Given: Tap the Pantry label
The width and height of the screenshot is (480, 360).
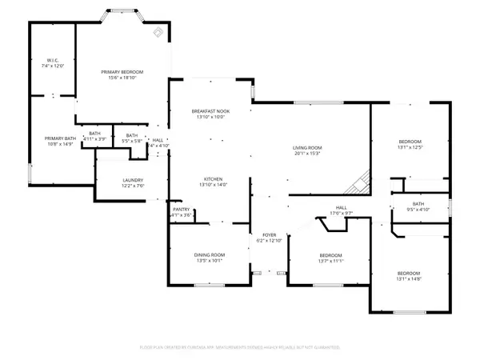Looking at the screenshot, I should pyautogui.click(x=181, y=213).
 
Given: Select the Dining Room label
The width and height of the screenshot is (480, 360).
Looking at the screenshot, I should pyautogui.click(x=206, y=256).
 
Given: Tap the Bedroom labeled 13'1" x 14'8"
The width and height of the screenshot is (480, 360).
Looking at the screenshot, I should pyautogui.click(x=409, y=276).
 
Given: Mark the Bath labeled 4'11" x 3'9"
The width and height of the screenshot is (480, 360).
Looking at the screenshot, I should pyautogui.click(x=94, y=137).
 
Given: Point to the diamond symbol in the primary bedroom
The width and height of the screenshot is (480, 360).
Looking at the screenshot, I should pyautogui.click(x=158, y=33).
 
